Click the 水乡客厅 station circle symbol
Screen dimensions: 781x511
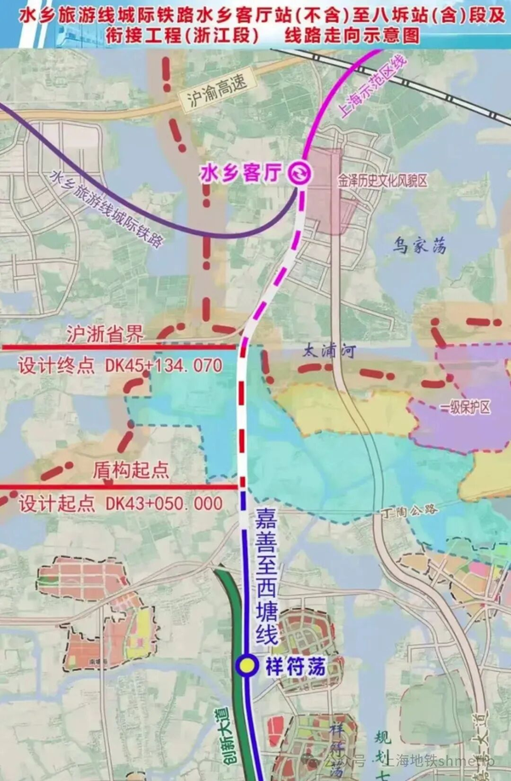click(x=300, y=174)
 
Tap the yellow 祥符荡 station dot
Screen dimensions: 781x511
click(x=246, y=666)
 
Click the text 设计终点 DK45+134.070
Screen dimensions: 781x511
click(x=119, y=366)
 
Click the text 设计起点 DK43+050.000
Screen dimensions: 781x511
click(x=119, y=503)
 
